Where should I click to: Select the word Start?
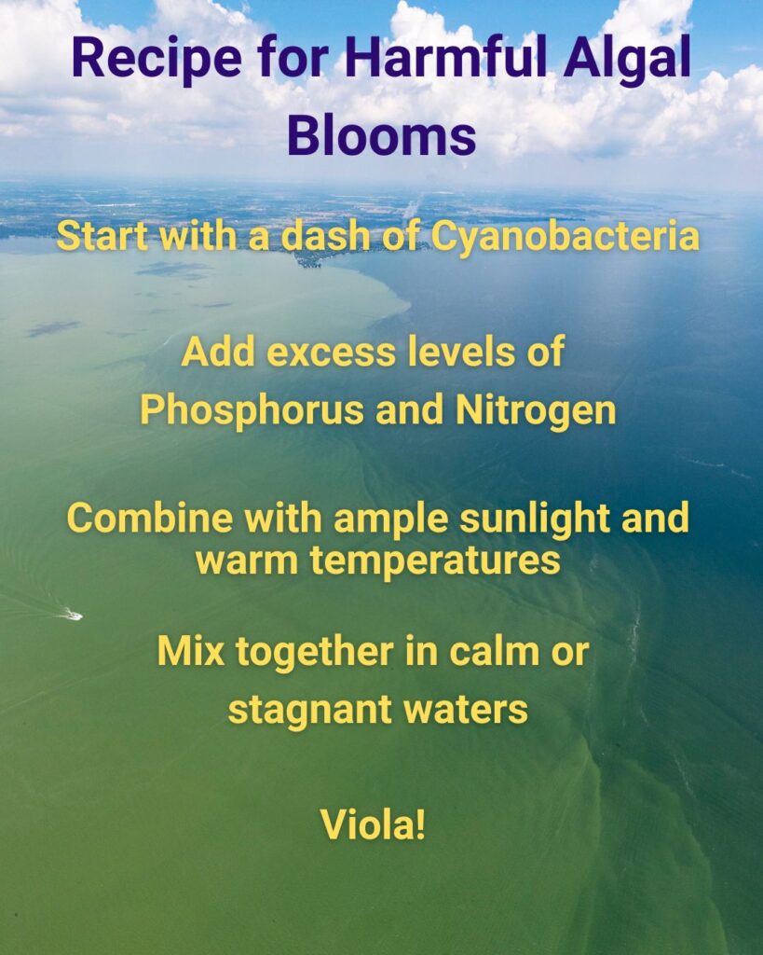pyautogui.click(x=102, y=236)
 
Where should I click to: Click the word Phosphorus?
pyautogui.click(x=252, y=410)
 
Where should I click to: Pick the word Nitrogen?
pyautogui.click(x=536, y=410)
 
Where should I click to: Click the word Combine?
pyautogui.click(x=150, y=518)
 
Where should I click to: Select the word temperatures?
pyautogui.click(x=435, y=561)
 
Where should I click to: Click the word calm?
pyautogui.click(x=495, y=650)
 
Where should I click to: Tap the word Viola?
pyautogui.click(x=373, y=824)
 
